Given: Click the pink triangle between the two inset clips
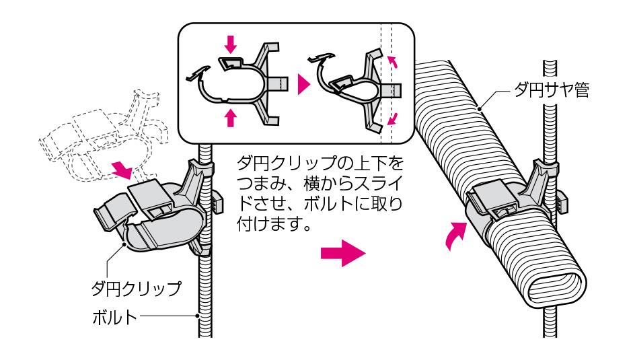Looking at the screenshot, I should pos(305,84).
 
